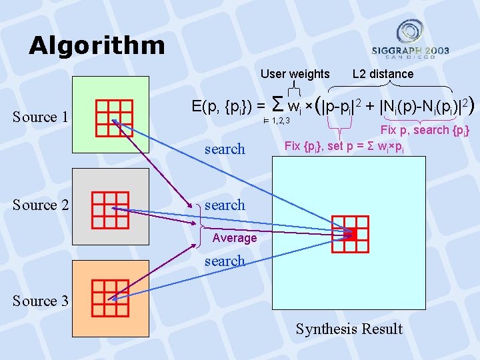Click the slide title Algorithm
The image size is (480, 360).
click(x=97, y=45)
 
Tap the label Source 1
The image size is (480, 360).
click(x=40, y=117)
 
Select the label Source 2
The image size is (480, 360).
click(x=40, y=205)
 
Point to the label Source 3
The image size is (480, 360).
click(x=40, y=301)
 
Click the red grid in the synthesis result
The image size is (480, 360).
click(x=351, y=233)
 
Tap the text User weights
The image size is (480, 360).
click(x=295, y=74)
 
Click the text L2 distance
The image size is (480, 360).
click(x=383, y=74)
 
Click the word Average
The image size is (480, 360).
click(x=234, y=238)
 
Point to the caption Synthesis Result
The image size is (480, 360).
click(x=349, y=329)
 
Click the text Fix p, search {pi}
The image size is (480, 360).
click(x=425, y=130)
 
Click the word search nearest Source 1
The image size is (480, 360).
click(x=225, y=149)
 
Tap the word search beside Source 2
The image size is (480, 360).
click(x=225, y=205)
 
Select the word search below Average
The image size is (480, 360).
click(x=225, y=261)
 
